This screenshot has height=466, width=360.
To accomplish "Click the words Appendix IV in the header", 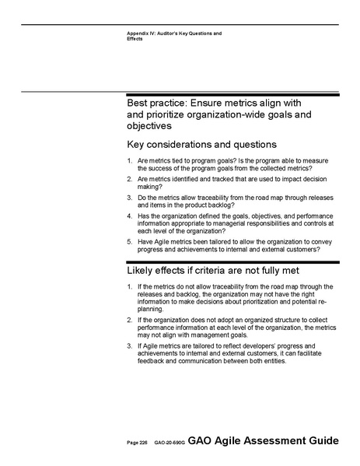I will tap(143, 33).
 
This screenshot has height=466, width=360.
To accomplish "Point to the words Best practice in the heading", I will tap(153, 103).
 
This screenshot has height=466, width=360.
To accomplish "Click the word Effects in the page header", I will tap(135, 38).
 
